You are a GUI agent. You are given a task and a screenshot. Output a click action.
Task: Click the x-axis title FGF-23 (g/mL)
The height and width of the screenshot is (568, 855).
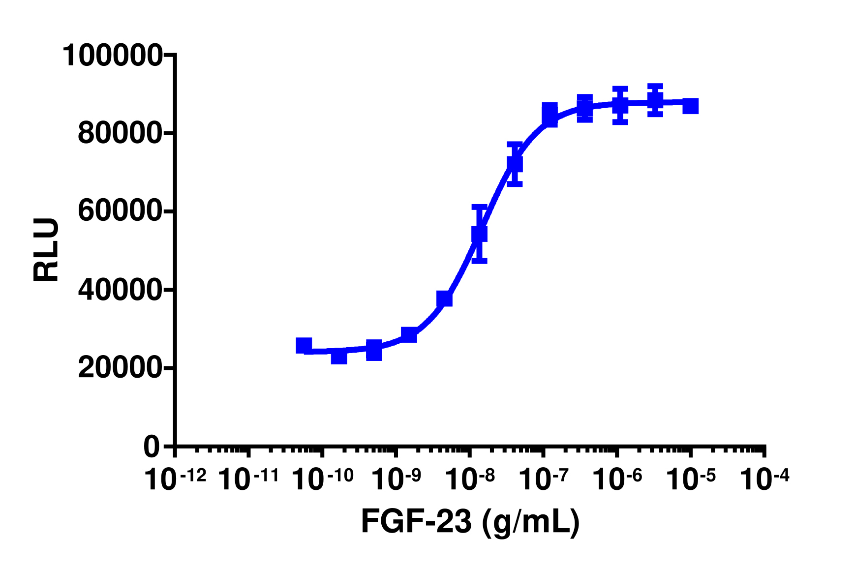(x=470, y=522)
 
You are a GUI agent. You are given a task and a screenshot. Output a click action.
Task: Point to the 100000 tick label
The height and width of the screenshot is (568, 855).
(x=112, y=55)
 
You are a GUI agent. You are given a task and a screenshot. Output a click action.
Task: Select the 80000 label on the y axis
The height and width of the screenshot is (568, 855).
(x=119, y=133)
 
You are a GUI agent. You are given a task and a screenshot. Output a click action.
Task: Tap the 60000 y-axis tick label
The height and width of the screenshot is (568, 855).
(x=119, y=211)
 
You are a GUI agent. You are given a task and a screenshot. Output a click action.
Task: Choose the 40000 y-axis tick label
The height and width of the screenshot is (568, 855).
(x=119, y=290)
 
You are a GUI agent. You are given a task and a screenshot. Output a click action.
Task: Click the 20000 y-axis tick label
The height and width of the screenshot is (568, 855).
(x=119, y=368)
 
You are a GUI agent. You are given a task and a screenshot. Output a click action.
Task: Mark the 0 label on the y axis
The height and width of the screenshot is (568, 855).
(x=152, y=447)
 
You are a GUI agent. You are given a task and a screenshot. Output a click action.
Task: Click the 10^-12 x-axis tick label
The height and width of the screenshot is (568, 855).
(x=175, y=480)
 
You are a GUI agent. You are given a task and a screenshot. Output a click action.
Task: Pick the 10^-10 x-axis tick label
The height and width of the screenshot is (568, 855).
(x=322, y=480)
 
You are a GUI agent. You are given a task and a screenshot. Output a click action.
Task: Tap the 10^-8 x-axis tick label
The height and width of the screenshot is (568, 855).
(x=470, y=480)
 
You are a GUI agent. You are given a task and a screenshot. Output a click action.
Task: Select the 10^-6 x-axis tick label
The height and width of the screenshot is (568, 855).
(x=617, y=480)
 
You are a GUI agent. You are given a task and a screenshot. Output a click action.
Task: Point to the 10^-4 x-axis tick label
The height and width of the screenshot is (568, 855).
(x=764, y=480)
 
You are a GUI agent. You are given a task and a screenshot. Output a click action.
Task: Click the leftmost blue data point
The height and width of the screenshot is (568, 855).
(x=304, y=346)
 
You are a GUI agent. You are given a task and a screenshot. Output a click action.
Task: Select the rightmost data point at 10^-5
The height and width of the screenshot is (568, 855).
(x=691, y=106)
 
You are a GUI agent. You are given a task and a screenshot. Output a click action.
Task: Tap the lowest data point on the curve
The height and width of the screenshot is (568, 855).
(x=339, y=356)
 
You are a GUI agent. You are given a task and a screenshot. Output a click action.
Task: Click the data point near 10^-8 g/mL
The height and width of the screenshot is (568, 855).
(x=479, y=234)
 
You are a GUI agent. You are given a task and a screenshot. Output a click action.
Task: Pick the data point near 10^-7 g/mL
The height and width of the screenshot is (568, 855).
(x=550, y=115)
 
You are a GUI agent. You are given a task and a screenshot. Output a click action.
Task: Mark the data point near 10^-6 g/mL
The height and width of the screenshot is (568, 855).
(x=620, y=105)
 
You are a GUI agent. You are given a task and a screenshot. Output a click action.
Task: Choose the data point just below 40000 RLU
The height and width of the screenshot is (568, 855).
(x=444, y=299)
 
